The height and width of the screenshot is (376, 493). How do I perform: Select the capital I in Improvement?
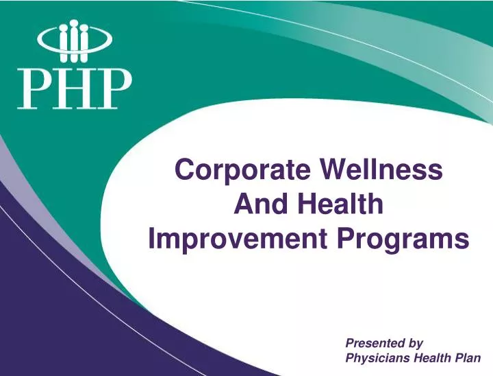152,240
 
